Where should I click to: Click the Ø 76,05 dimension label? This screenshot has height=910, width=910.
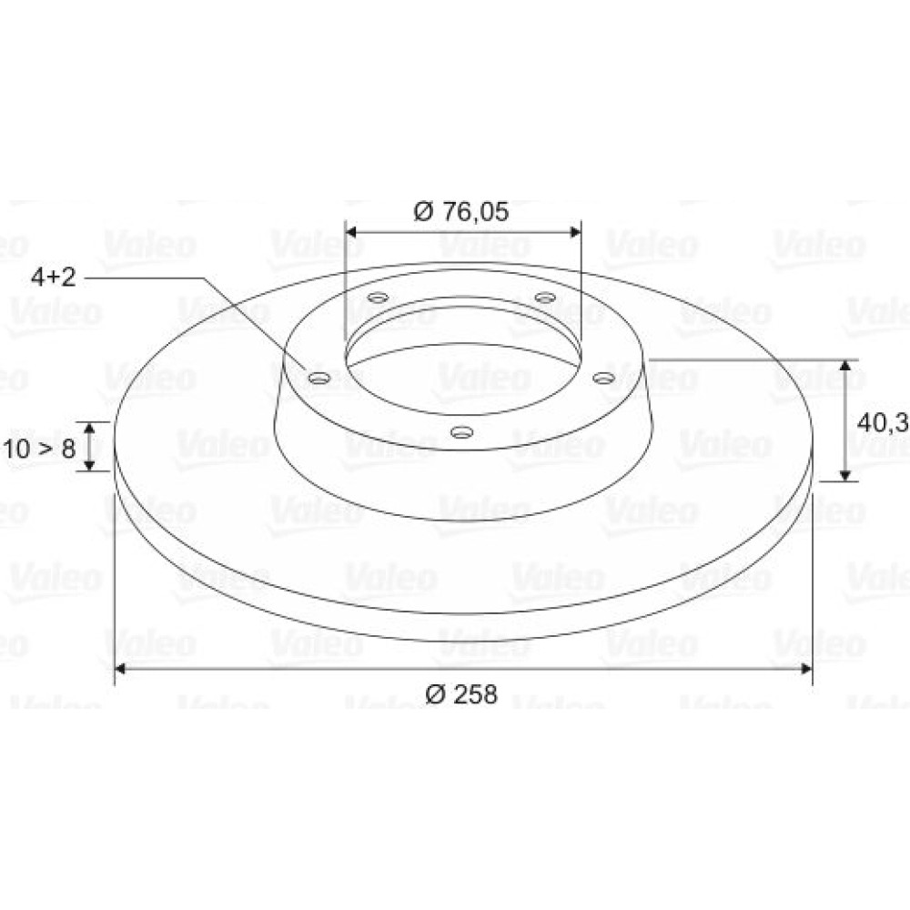click(460, 212)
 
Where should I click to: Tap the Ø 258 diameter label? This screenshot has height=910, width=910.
click(461, 694)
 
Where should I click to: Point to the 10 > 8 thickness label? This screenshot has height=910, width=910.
click(39, 448)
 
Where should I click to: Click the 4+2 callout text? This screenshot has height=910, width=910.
click(54, 278)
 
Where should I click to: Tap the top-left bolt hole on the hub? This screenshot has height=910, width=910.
click(379, 298)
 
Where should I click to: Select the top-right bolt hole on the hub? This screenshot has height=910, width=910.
click(545, 298)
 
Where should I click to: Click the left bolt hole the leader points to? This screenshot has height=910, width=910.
click(319, 379)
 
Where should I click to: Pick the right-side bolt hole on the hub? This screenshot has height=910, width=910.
click(603, 379)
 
